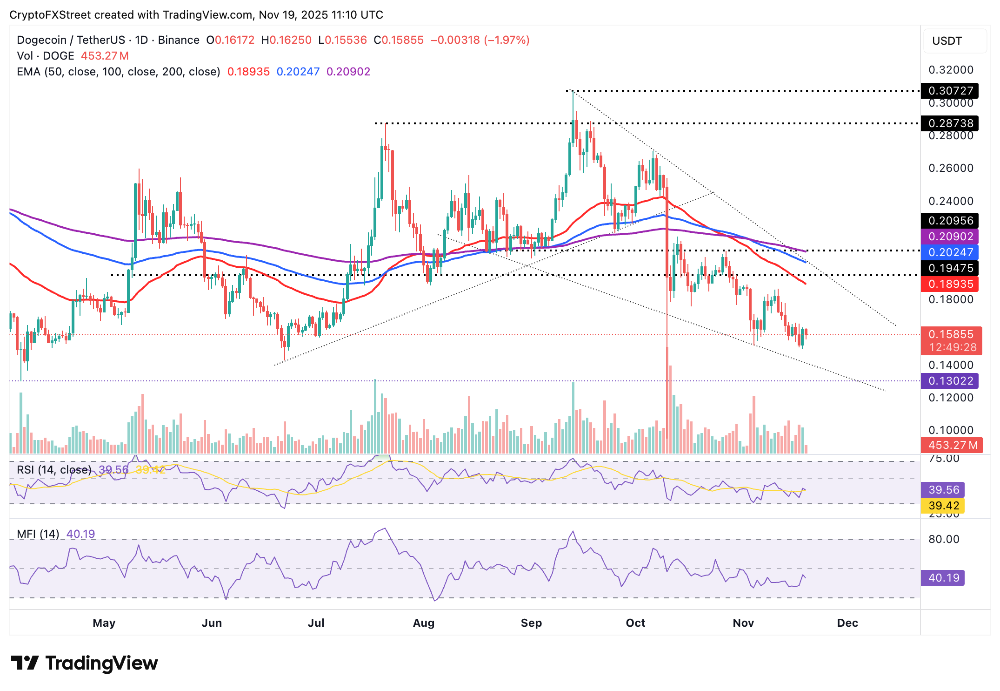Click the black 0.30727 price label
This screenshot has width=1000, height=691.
tap(949, 91)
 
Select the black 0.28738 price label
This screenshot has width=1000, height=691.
tap(949, 123)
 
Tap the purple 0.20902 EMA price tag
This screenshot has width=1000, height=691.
tap(949, 237)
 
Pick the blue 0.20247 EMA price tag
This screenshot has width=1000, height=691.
tap(949, 252)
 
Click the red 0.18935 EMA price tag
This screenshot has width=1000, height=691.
tap(949, 284)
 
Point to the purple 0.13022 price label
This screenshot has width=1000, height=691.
tap(949, 381)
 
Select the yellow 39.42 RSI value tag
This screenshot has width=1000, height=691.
tap(943, 506)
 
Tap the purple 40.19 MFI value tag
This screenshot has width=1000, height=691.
tap(943, 578)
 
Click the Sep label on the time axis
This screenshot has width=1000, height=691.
tap(531, 623)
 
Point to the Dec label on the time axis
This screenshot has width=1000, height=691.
tap(847, 623)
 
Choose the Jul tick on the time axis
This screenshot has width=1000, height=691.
tap(316, 623)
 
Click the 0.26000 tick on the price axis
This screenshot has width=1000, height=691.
tap(951, 168)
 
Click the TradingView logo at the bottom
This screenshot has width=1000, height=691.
tap(85, 663)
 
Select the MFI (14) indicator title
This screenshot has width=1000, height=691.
tap(38, 534)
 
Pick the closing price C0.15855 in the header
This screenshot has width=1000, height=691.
tap(399, 40)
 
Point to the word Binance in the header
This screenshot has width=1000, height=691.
tap(179, 40)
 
